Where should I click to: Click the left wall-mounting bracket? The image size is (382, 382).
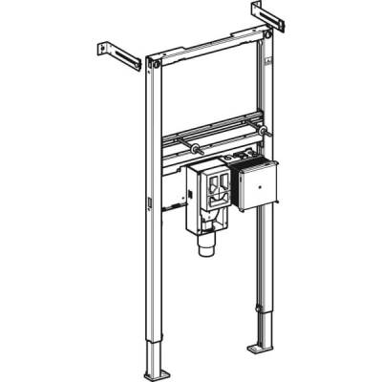click(117, 54)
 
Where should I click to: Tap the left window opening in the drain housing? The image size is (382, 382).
click(202, 185)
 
